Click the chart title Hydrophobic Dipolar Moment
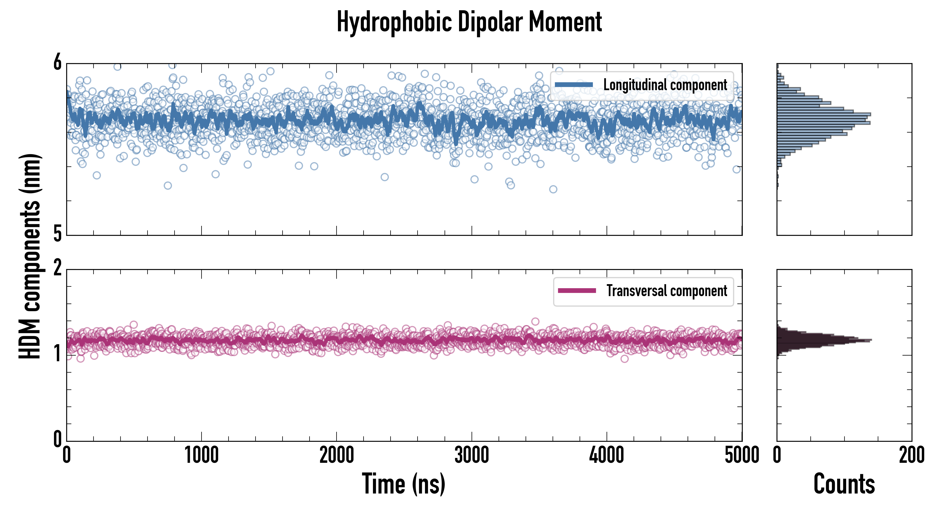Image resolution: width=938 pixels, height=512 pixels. coord(469,22)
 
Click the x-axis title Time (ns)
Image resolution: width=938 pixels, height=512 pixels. coord(403,484)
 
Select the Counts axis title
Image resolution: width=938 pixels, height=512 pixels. coord(844,484)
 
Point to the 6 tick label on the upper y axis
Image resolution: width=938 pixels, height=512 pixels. coord(57,63)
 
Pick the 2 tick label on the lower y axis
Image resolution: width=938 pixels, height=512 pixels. coord(57,269)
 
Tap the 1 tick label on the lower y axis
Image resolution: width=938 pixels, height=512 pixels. coord(57,354)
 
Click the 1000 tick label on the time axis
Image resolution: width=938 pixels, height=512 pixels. coord(201,455)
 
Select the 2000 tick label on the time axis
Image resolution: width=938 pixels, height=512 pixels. coord(337,455)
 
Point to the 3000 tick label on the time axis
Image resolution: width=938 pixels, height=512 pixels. coord(472,455)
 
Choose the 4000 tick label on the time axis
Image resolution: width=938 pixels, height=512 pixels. coord(607,455)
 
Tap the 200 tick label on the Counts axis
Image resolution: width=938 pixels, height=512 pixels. coord(911,455)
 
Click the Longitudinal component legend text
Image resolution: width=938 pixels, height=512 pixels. coord(665,85)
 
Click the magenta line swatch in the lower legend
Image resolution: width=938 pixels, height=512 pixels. coord(577,291)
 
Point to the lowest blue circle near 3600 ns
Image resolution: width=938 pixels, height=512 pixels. coord(553,189)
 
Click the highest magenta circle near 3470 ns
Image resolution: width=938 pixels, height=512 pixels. coord(535,321)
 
